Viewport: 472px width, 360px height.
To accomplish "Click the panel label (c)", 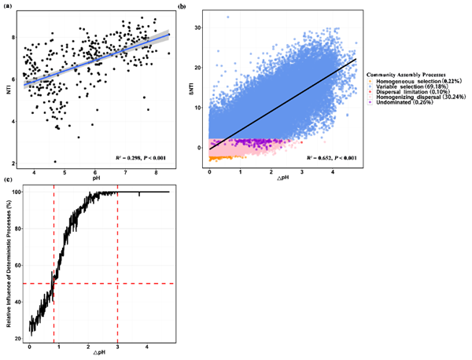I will pos(10,182).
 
